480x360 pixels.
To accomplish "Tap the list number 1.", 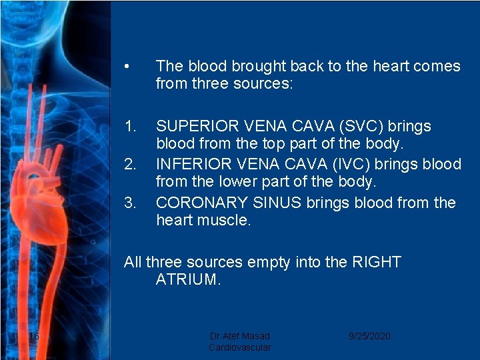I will [x=130, y=126].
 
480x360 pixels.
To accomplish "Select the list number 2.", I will [x=130, y=164].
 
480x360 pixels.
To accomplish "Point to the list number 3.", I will [x=130, y=203].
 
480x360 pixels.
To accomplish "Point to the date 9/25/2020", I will [x=369, y=336].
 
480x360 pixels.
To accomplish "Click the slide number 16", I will [x=34, y=336].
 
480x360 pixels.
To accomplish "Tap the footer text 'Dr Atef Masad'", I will [x=240, y=336].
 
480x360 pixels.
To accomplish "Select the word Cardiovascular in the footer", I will [x=240, y=347].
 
